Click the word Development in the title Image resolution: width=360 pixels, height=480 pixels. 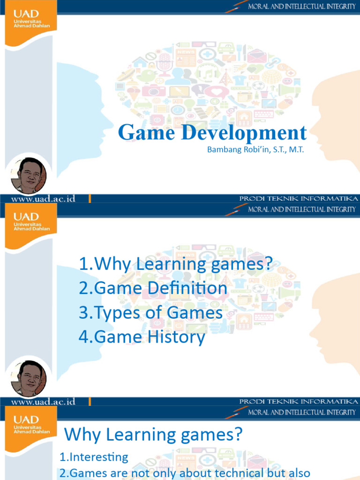click(x=244, y=133)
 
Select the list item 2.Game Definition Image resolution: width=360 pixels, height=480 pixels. click(x=153, y=288)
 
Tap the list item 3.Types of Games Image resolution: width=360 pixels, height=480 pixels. click(x=150, y=313)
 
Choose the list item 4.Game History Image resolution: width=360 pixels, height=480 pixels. click(x=142, y=337)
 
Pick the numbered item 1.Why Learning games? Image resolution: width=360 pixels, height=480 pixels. click(x=176, y=264)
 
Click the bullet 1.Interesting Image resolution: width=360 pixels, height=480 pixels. click(x=93, y=457)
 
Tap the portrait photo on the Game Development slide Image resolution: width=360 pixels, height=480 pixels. click(x=29, y=175)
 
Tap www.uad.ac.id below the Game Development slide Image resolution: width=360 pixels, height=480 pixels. click(x=43, y=199)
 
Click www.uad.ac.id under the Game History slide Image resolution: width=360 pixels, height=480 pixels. click(x=43, y=402)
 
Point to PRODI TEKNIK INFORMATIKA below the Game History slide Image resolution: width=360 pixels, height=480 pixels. click(x=299, y=402)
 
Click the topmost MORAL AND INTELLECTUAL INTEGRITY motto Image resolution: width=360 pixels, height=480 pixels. click(x=302, y=7)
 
